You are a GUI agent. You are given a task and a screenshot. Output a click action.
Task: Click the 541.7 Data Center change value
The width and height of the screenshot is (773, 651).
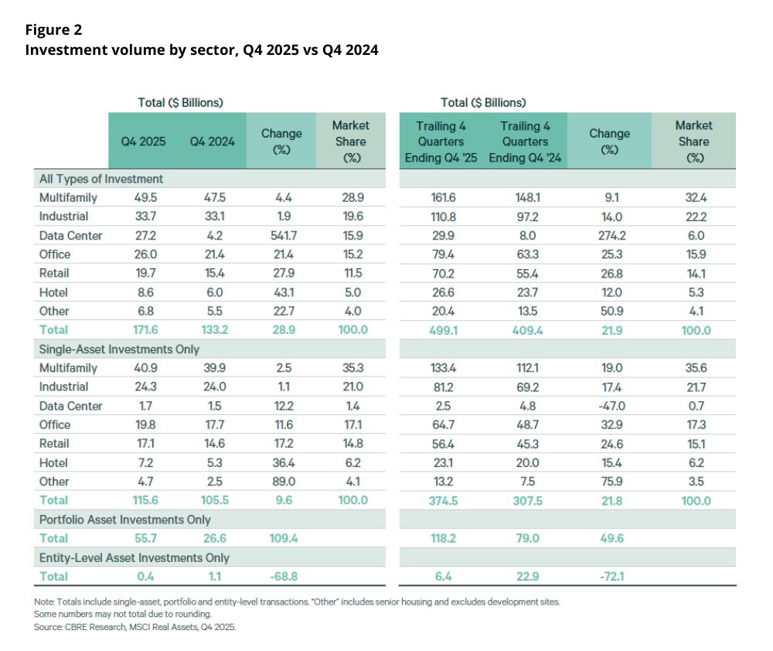(281, 235)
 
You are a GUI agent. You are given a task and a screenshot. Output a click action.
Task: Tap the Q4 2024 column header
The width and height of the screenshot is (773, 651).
(211, 141)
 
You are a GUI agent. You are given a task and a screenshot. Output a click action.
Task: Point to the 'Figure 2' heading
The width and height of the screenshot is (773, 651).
(53, 30)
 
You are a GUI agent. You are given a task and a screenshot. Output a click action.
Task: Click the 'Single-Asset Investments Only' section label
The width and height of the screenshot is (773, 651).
(119, 349)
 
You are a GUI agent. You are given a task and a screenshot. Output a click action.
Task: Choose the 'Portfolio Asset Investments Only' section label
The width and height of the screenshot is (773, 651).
(124, 520)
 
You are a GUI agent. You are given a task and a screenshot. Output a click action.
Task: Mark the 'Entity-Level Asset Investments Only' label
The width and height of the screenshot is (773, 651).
(134, 557)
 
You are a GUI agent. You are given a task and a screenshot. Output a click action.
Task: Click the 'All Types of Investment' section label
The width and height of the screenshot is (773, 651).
(101, 179)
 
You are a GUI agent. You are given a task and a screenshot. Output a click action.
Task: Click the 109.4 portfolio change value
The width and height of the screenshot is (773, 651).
(281, 538)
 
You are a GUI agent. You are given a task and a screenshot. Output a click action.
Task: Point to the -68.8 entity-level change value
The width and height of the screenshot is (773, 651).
(281, 576)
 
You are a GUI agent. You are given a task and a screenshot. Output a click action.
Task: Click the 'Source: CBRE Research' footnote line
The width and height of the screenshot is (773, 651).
(135, 626)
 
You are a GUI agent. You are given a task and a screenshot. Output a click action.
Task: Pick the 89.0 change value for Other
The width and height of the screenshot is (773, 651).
(281, 482)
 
